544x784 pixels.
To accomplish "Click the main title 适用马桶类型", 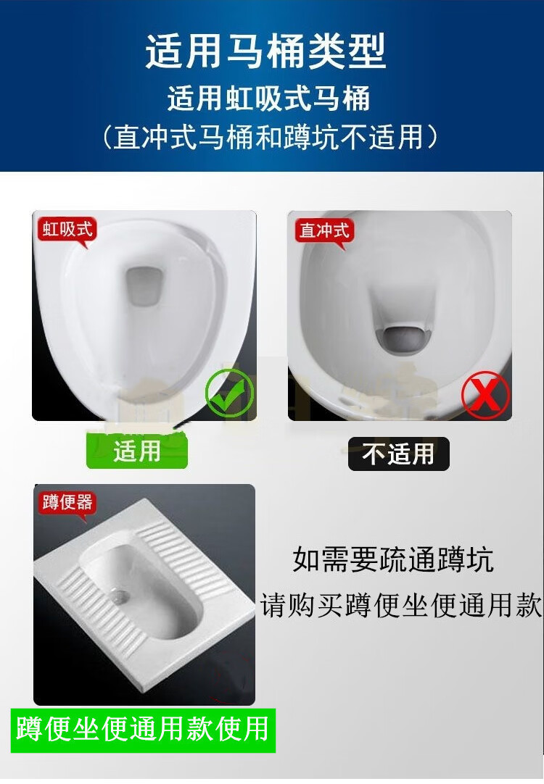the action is coord(265,51).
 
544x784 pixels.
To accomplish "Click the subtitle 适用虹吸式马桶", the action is coord(269,98).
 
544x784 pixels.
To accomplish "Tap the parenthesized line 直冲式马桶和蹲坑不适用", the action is coord(270,136).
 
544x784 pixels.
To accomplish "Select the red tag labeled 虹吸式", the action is coord(67,231).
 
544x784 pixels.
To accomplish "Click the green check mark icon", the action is coord(230,393).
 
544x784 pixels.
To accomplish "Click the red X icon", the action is coord(485,395).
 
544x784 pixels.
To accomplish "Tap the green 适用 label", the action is coord(136,451).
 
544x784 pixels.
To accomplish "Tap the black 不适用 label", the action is coord(399,454).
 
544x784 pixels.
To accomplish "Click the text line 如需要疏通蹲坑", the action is coord(393,559).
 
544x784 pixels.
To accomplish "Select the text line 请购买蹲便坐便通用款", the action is coord(401,606).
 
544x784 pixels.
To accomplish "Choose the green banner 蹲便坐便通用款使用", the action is coord(143,730).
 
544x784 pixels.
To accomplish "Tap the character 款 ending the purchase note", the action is coord(529,606).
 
